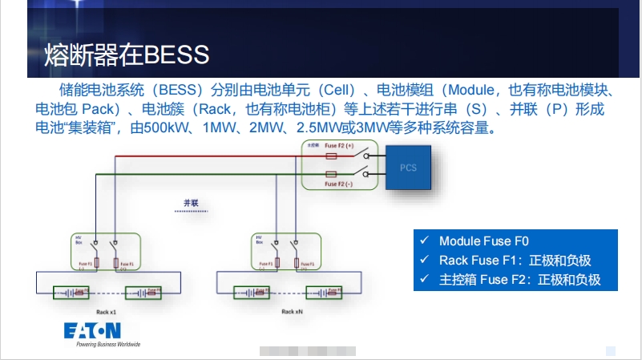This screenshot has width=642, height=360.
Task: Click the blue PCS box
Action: (x=407, y=167)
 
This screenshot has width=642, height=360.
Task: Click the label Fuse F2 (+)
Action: (x=338, y=146)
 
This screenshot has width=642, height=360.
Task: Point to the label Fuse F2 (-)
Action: (x=338, y=184)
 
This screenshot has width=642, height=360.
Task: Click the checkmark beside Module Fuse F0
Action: (x=425, y=241)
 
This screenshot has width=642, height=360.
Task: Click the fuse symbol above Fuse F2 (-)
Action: (x=332, y=173)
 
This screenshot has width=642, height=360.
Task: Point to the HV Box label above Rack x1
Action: (x=79, y=240)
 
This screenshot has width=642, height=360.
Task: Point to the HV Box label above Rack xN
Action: (x=259, y=240)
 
